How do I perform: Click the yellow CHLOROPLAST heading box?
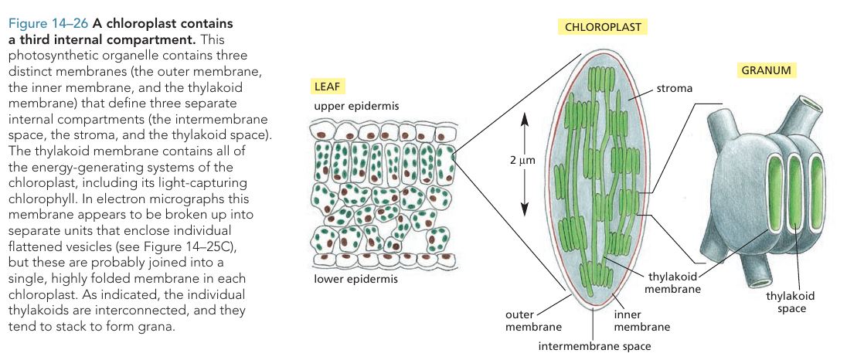603,27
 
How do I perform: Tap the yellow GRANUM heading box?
765,70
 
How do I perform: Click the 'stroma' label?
674,89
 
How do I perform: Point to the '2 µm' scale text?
522,160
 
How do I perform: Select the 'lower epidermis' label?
355,279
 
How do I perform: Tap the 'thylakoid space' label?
789,302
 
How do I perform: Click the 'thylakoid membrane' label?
674,283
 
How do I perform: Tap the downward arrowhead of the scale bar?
524,211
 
